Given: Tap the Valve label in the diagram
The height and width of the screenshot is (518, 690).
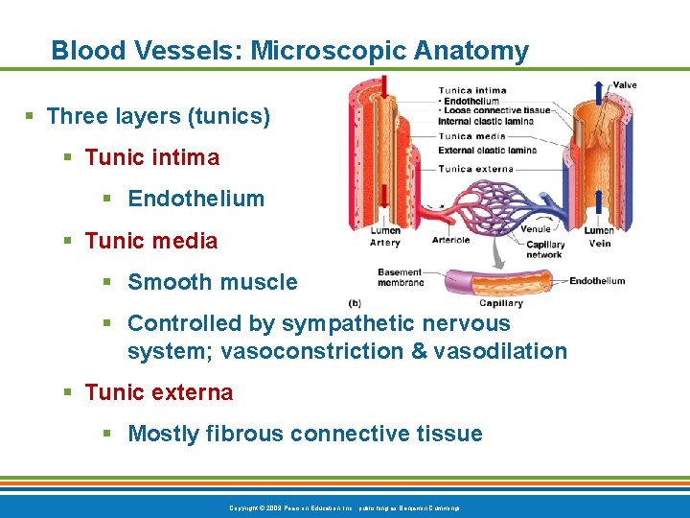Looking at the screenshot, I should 624,85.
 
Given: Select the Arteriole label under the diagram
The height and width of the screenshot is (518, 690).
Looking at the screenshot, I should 450,240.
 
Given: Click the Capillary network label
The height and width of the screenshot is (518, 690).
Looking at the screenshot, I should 544,249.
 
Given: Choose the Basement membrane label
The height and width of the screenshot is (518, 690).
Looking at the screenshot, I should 401,277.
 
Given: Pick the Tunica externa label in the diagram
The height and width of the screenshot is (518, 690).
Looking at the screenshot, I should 475,169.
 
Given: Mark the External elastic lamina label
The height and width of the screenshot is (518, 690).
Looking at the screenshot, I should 487,150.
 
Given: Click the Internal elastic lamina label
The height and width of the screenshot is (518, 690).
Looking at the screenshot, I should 485,122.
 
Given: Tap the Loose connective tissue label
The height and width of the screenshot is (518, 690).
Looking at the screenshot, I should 496,110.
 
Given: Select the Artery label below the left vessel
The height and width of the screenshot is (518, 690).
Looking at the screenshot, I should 384,244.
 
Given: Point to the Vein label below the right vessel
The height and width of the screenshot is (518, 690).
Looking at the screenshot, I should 599,244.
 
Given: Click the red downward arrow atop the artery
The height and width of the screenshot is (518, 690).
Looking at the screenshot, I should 384,86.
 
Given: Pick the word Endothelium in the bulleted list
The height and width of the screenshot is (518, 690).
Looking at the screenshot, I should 195,199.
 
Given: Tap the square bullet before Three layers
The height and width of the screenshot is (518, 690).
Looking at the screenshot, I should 30,117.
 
